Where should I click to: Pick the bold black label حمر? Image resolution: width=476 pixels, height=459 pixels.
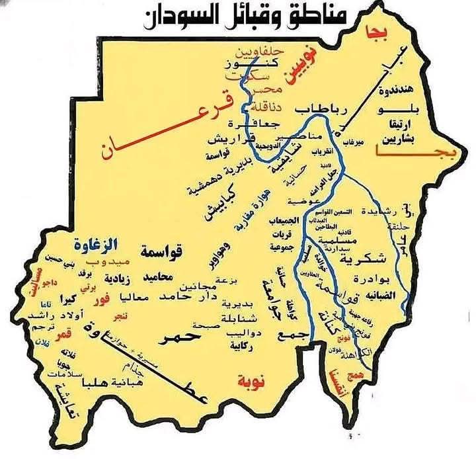coord(179,339)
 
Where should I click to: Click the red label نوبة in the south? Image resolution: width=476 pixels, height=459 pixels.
coord(251,380)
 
